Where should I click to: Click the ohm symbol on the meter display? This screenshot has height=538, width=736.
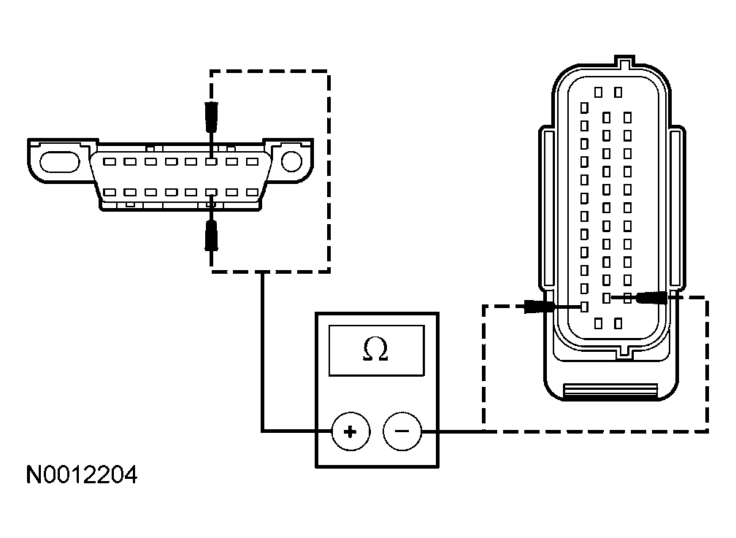pyautogui.click(x=375, y=351)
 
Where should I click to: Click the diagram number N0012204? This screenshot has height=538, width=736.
pyautogui.click(x=81, y=476)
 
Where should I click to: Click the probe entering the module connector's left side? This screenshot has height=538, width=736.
pyautogui.click(x=538, y=307)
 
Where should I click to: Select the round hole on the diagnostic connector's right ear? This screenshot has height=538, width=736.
pyautogui.click(x=291, y=161)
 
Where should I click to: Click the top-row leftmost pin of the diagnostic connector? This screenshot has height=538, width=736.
pyautogui.click(x=108, y=161)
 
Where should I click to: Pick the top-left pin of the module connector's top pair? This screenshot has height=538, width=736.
pyautogui.click(x=598, y=93)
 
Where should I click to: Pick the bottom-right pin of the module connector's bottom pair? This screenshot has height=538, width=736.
pyautogui.click(x=618, y=322)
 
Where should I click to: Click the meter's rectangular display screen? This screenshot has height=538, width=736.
pyautogui.click(x=375, y=351)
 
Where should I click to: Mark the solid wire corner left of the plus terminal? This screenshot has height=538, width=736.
pyautogui.click(x=262, y=431)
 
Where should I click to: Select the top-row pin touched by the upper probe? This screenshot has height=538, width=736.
pyautogui.click(x=211, y=161)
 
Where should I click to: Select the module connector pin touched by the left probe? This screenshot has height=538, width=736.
pyautogui.click(x=583, y=307)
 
